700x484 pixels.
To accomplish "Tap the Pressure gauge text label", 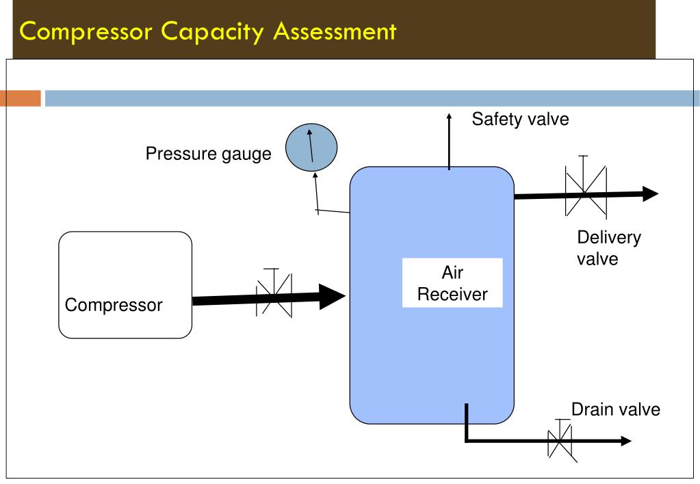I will coord(208,154).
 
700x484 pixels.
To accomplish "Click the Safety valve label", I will coord(520,120).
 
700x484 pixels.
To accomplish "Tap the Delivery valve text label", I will coord(608,248).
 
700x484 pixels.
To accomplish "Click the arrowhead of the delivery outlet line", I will coord(648,194).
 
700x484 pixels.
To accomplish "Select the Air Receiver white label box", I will coord(452,283).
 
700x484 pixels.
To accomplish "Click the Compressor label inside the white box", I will coord(114,305).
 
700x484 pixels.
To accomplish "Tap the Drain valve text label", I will coord(615,409).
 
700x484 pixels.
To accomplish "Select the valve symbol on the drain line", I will coord(560,442).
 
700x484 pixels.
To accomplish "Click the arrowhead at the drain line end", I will coord(625,441).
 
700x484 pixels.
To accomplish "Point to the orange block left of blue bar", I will coord(21,99).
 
